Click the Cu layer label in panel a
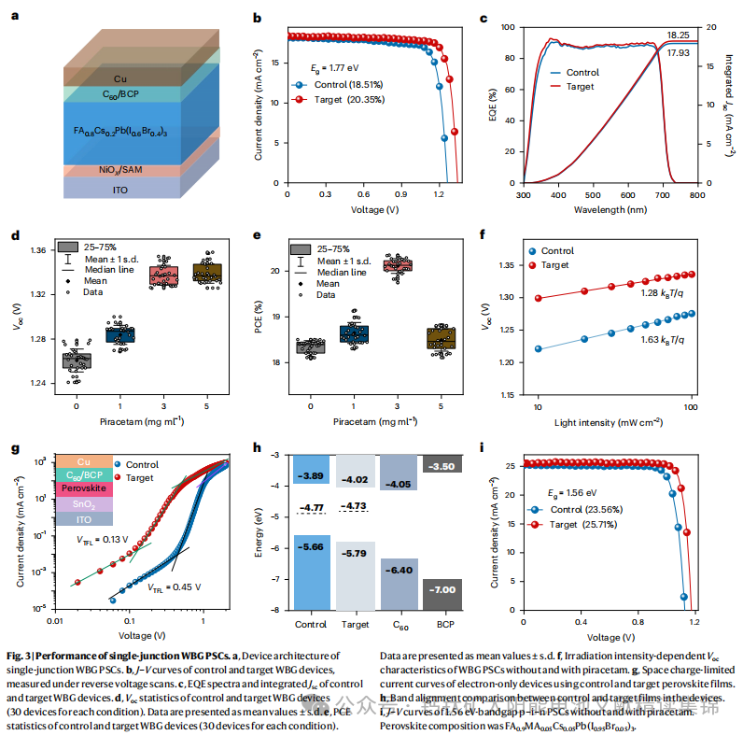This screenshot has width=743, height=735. [119, 78]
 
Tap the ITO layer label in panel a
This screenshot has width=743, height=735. [119, 187]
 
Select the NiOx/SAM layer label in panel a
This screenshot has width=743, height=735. [119, 170]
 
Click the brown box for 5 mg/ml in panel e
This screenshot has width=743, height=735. [442, 337]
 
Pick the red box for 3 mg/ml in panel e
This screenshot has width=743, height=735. [399, 266]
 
